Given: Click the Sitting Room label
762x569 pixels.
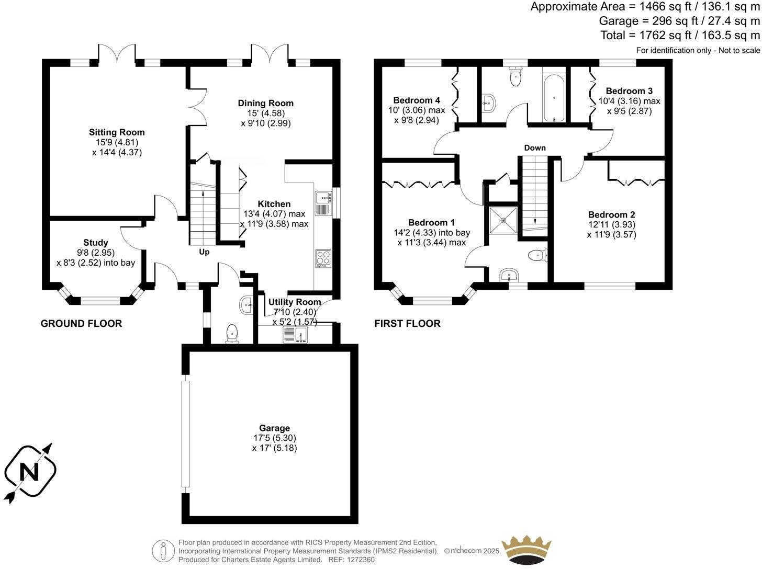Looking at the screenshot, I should click(x=116, y=132).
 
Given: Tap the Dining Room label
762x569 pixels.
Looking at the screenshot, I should click(x=265, y=103).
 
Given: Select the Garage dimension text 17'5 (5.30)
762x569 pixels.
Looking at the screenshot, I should click(x=274, y=438).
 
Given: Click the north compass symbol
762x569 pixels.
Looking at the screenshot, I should click(x=29, y=473).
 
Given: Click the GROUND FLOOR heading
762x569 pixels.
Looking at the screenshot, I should click(x=81, y=324).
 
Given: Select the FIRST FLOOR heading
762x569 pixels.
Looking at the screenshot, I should click(x=407, y=324).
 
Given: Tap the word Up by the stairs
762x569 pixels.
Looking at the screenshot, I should click(x=204, y=252).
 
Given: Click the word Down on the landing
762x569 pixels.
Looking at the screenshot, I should click(x=535, y=148).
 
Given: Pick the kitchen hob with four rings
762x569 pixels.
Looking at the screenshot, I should click(x=323, y=259).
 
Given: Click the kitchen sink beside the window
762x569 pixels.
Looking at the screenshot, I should click(x=323, y=203).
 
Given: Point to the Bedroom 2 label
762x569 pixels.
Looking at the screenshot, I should click(x=611, y=214).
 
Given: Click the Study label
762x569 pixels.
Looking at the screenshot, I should click(x=96, y=242).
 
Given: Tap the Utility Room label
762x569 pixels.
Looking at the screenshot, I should click(x=294, y=302).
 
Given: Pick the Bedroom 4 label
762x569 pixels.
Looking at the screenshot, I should click(x=417, y=100).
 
